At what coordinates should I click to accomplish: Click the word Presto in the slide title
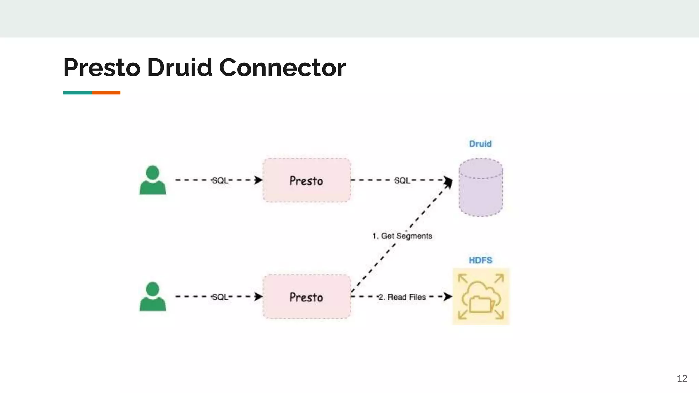coord(102,68)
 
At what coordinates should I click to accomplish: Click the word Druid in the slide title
coord(180,68)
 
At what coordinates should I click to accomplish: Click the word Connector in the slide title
coord(282,68)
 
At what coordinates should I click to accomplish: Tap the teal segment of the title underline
coord(77,93)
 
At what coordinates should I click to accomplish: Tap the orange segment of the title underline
coord(106,93)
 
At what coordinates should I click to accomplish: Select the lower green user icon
coord(153,296)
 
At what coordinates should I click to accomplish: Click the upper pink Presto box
coord(306,180)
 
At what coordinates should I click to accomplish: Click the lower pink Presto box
coord(306,296)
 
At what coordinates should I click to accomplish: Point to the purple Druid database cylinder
coord(481,187)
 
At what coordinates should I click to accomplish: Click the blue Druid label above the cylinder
coord(480,144)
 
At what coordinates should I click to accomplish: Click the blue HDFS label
coord(480,260)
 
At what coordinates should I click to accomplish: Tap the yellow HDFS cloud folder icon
coord(481,296)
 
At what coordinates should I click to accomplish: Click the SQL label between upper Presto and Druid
coord(402,180)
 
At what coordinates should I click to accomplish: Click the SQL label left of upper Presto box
coord(220,180)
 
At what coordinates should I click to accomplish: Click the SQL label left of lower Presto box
coord(220,297)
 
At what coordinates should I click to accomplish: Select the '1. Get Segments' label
coord(402,236)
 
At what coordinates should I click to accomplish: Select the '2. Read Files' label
coord(402,297)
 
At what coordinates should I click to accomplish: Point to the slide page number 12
coord(682,378)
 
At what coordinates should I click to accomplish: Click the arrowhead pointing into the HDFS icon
coord(448,296)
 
